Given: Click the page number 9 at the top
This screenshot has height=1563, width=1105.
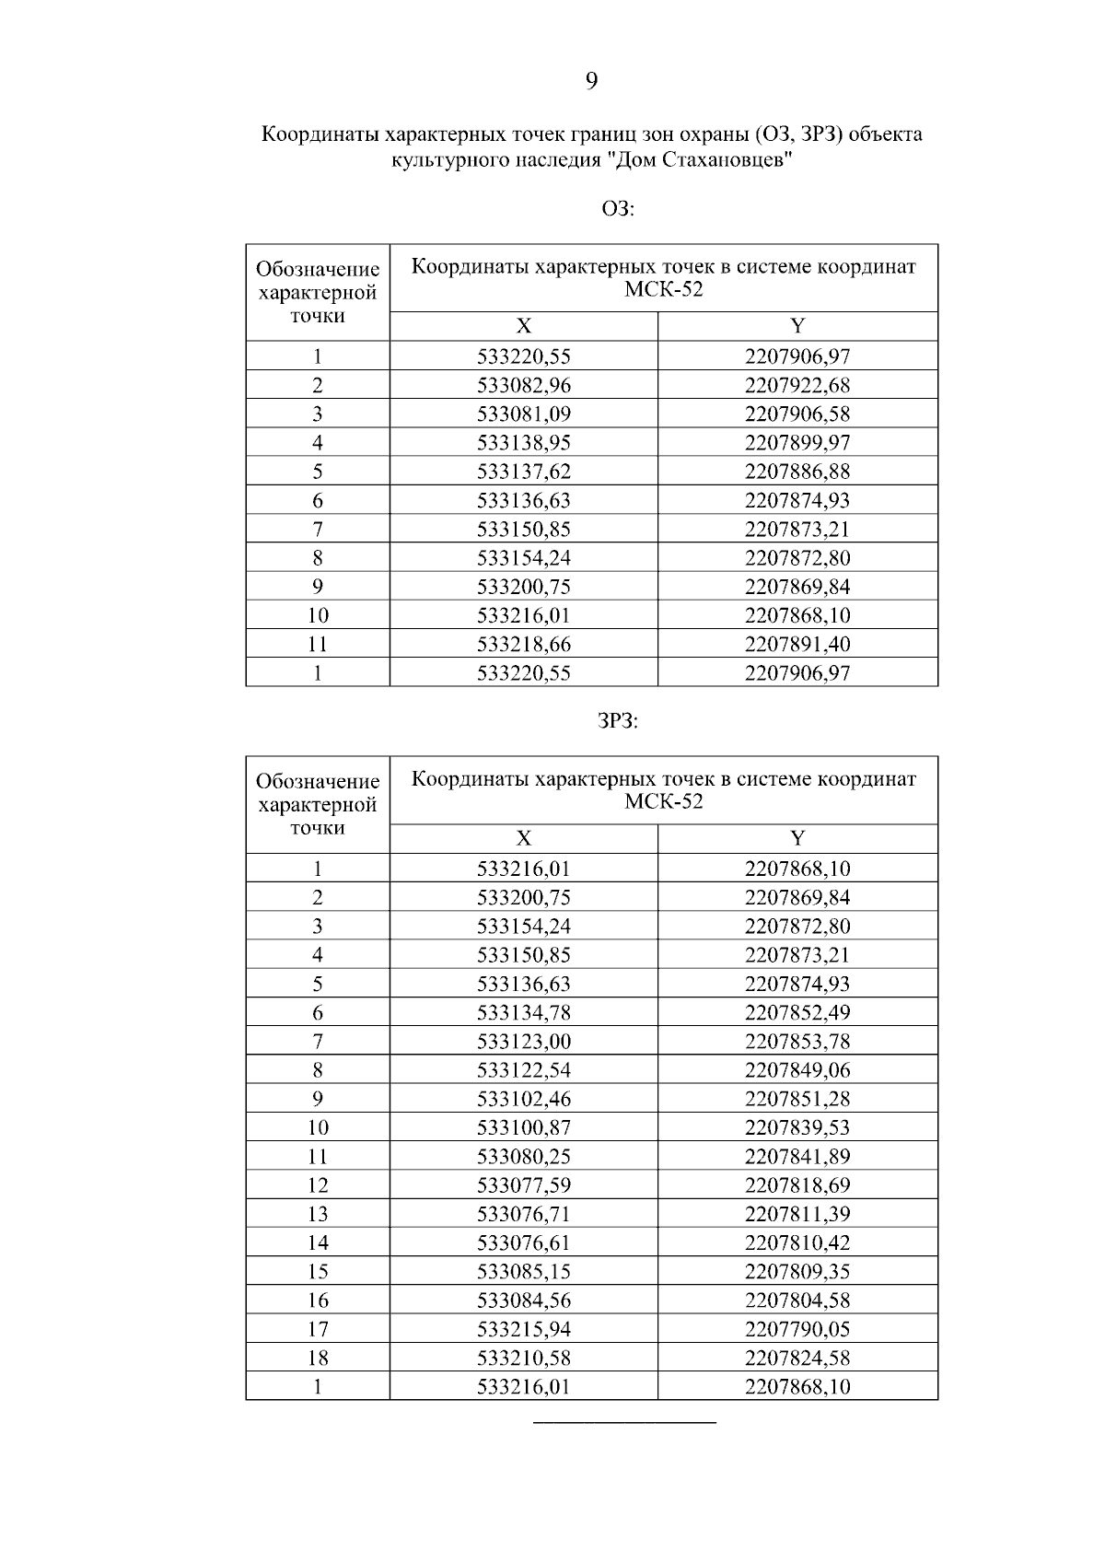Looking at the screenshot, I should pos(591,82).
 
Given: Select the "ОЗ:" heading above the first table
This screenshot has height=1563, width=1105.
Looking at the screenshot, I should pos(618,209).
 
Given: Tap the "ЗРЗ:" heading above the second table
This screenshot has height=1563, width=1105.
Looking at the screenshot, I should pos(618,722).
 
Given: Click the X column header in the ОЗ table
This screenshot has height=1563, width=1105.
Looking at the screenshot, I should pos(523,326).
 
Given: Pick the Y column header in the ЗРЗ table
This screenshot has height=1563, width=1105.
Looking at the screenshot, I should pos(797,838).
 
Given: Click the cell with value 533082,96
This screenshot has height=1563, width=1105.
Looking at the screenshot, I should pos(523,385).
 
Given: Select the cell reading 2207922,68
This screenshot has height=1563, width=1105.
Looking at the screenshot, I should pos(797,385).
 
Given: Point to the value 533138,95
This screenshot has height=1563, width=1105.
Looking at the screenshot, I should pos(523,443).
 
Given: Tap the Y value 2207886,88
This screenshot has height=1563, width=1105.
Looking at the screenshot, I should pos(797,472).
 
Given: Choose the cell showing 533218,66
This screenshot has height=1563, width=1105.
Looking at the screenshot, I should pos(523,644).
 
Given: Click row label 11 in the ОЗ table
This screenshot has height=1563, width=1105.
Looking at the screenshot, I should pos(318,644).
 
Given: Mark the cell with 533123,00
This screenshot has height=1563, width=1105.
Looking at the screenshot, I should pos(523,1042).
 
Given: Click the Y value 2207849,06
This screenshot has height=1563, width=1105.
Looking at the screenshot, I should pos(797,1070).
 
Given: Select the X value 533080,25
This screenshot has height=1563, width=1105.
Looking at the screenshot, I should pos(523,1157).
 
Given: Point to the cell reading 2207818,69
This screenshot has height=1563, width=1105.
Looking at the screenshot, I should pos(797,1185).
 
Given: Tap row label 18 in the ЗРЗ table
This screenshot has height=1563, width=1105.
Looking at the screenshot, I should pos(318,1358).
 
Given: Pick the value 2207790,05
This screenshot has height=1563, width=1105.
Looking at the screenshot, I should pos(797,1329).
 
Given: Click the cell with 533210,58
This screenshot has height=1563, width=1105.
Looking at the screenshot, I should pos(523,1358).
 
